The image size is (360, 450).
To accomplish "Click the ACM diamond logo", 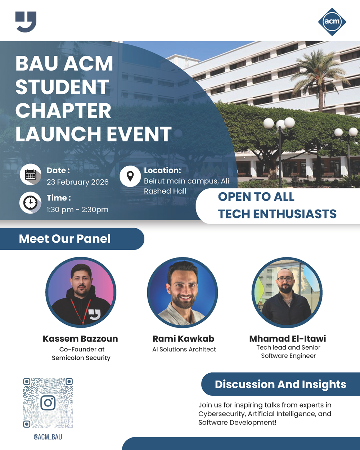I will tap(332, 22).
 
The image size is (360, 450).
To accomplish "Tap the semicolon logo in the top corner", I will tap(26, 22).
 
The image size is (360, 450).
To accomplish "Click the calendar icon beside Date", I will tap(31, 175).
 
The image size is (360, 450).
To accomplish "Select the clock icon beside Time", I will tap(31, 203).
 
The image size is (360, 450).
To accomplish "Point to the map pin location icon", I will tap(130, 176).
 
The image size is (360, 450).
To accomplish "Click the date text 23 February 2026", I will tap(77, 182).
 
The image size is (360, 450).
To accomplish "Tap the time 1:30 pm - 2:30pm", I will tap(77, 210).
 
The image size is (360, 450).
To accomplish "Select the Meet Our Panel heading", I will tap(65, 239).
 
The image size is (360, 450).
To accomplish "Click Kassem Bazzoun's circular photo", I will tap(81, 292).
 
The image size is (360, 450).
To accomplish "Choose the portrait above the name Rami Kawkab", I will tap(183, 292).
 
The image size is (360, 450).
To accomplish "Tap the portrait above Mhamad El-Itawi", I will tap(287, 292).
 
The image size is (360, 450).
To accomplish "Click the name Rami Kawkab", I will tap(183, 339).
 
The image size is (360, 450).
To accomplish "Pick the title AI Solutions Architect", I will tap(184, 349).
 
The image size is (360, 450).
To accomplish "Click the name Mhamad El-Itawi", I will tap(288, 339).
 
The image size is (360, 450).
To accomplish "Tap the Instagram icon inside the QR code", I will tap(48, 402).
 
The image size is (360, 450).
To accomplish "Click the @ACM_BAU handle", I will tap(48, 437).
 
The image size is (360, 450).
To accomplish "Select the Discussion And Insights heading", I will tap(280, 384).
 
